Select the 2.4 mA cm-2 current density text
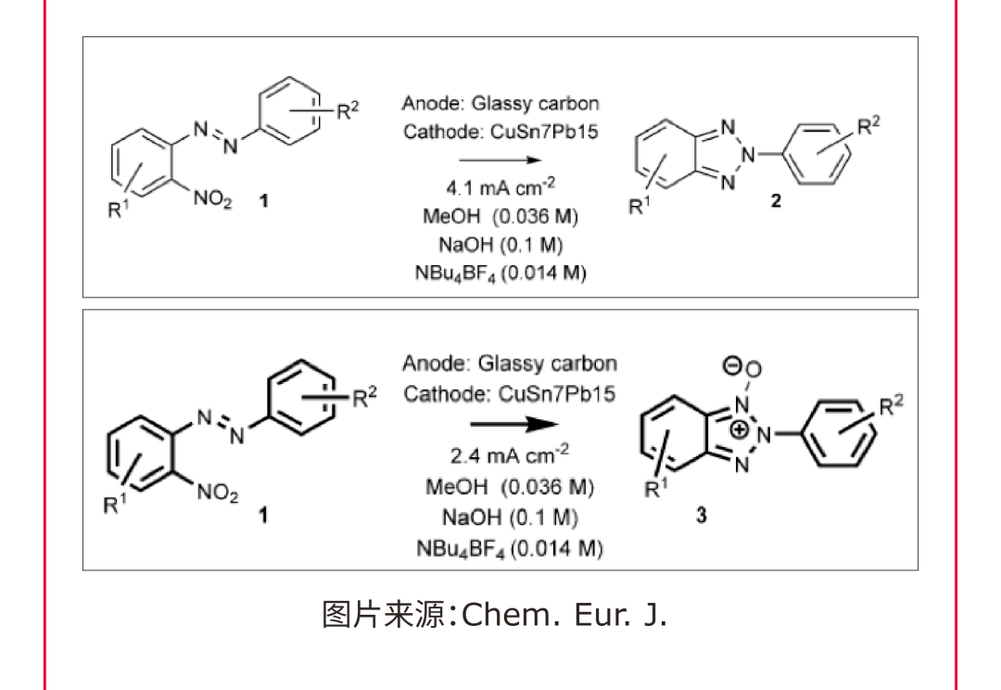click(x=509, y=455)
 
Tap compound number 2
click(x=776, y=202)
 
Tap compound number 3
click(x=701, y=516)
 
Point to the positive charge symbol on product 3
click(x=739, y=430)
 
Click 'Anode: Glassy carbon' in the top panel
click(x=500, y=104)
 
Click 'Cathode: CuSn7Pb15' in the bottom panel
click(x=509, y=393)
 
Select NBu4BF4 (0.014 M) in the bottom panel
click(x=509, y=547)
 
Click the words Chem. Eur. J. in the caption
click(x=564, y=615)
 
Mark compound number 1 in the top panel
click(x=263, y=199)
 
